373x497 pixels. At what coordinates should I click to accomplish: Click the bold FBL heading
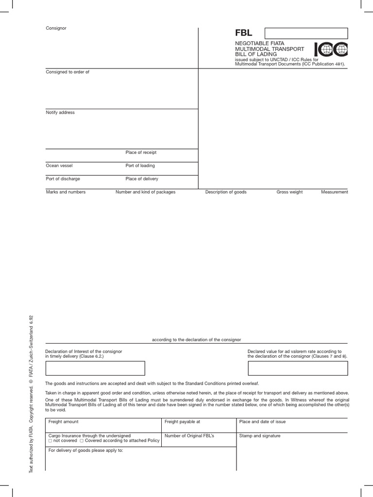pyautogui.click(x=243, y=33)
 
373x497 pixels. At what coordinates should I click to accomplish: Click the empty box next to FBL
pyautogui.click(x=306, y=33)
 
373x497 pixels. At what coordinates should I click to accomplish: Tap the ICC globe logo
pyautogui.click(x=331, y=50)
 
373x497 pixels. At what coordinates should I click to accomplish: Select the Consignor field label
pyautogui.click(x=56, y=28)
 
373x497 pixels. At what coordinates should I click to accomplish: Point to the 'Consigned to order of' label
pyautogui.click(x=68, y=72)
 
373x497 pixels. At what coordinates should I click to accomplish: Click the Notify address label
pyautogui.click(x=60, y=113)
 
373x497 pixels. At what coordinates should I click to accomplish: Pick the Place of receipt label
pyautogui.click(x=141, y=152)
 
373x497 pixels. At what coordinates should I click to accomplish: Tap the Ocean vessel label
pyautogui.click(x=59, y=166)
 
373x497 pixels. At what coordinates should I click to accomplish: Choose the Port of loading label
pyautogui.click(x=140, y=166)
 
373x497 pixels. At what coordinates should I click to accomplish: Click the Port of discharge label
pyautogui.click(x=63, y=179)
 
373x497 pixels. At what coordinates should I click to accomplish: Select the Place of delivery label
pyautogui.click(x=142, y=179)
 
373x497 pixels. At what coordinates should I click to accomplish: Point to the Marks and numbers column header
pyautogui.click(x=66, y=192)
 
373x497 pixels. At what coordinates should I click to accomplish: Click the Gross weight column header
pyautogui.click(x=289, y=192)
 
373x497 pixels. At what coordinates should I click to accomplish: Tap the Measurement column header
pyautogui.click(x=334, y=192)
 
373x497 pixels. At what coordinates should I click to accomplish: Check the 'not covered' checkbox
pyautogui.click(x=50, y=441)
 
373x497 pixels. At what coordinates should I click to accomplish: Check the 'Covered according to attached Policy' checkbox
pyautogui.click(x=82, y=441)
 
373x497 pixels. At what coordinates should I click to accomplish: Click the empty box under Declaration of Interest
pyautogui.click(x=95, y=368)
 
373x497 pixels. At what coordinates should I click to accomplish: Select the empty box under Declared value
pyautogui.click(x=298, y=368)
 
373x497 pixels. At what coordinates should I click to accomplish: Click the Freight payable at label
pyautogui.click(x=182, y=422)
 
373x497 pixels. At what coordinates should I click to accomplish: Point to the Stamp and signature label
pyautogui.click(x=260, y=436)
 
